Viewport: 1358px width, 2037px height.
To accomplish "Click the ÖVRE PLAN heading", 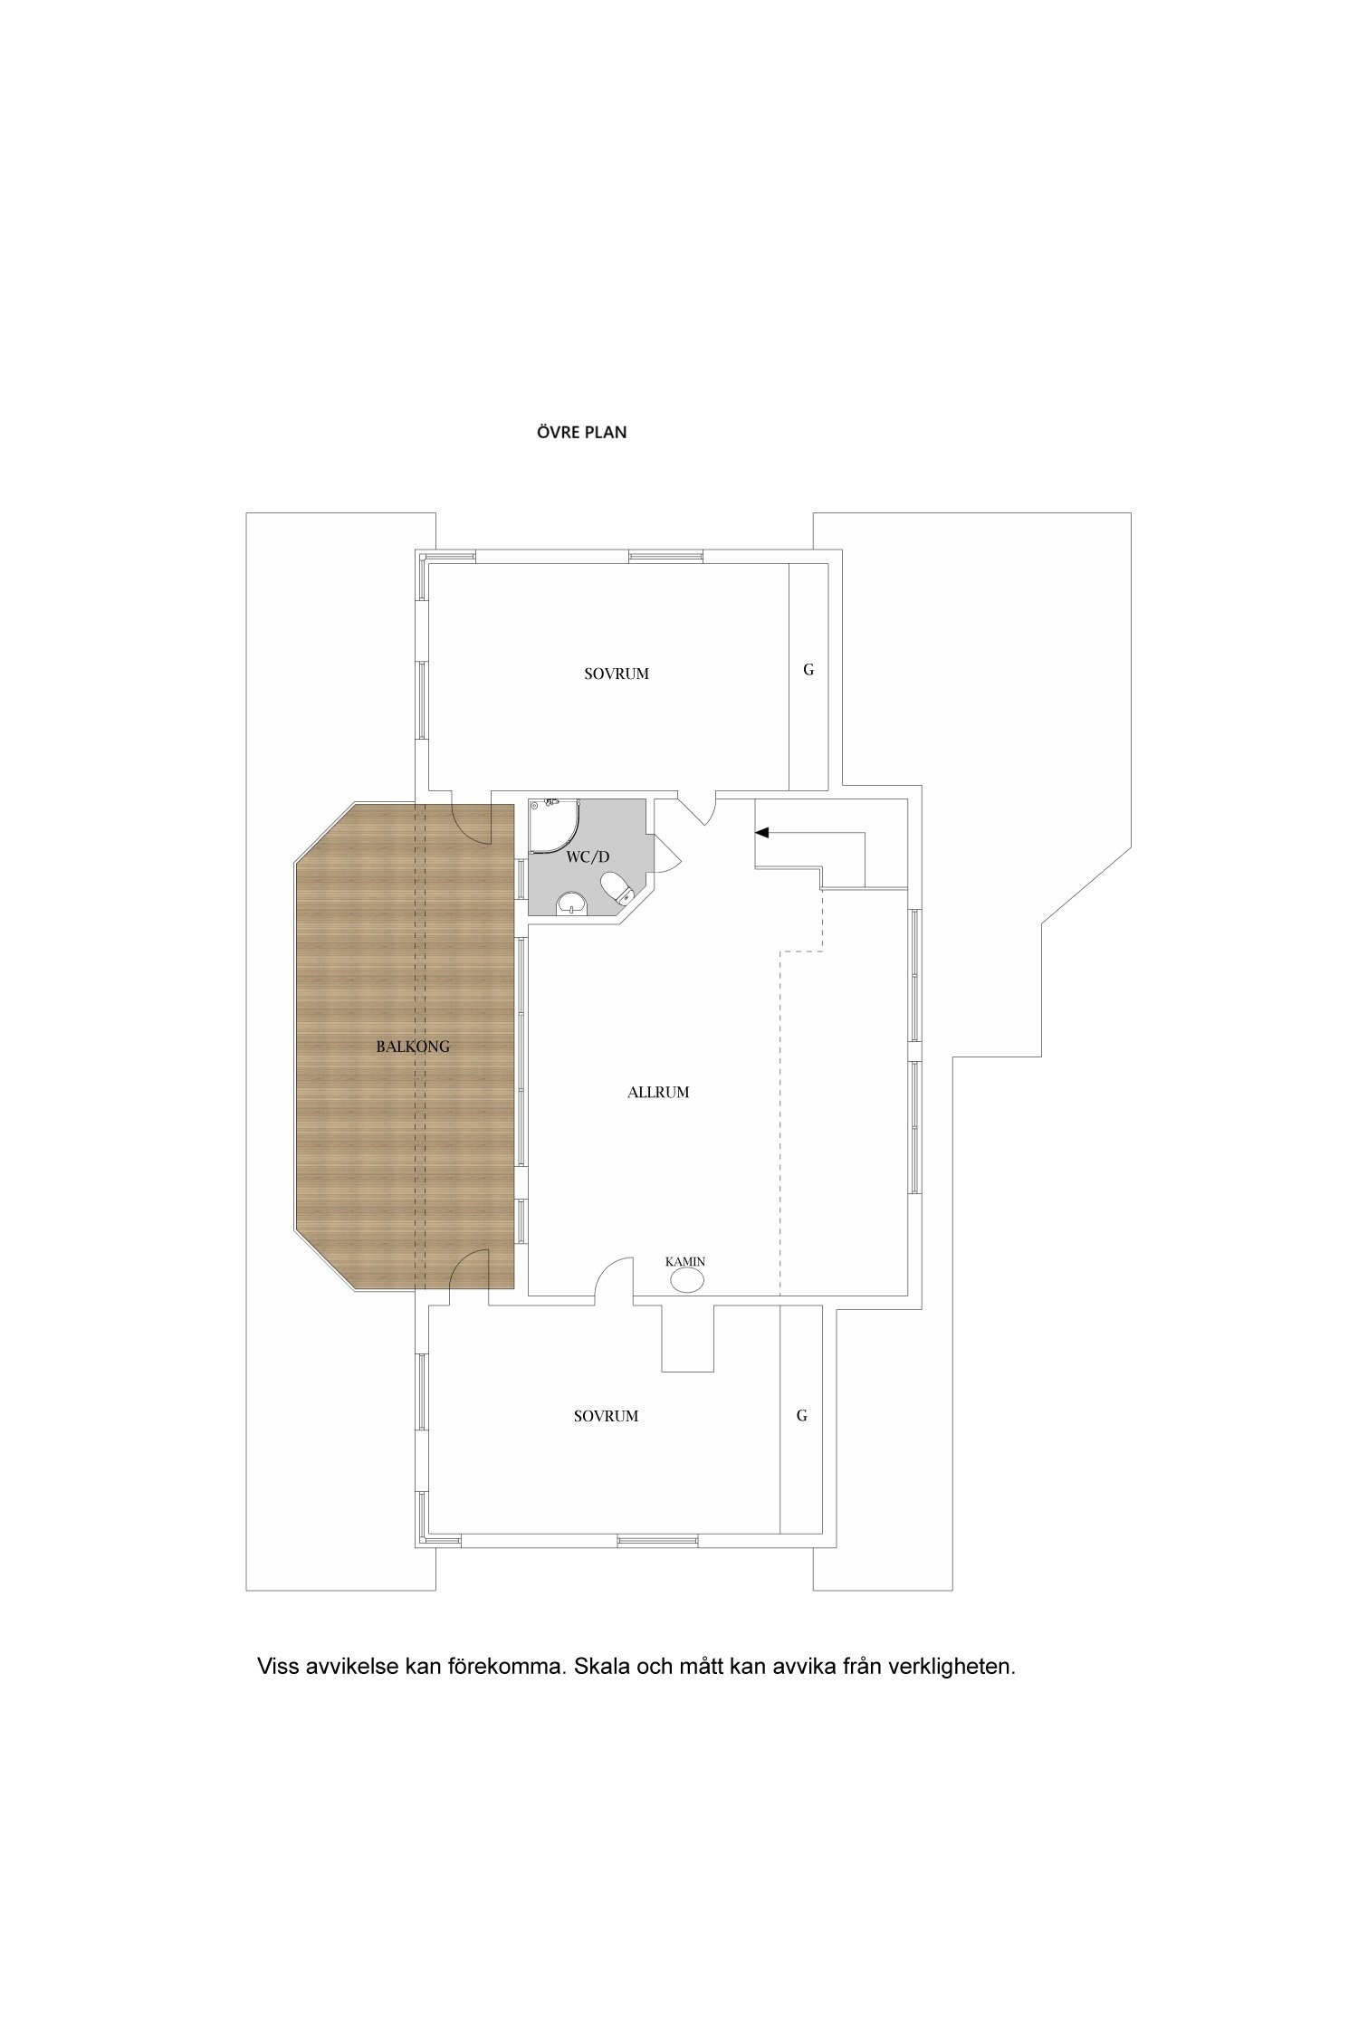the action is tap(581, 433).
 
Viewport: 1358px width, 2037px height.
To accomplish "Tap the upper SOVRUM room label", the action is tap(617, 674).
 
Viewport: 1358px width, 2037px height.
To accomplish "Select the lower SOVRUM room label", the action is tap(606, 1416).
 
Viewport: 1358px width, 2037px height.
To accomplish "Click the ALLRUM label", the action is tap(658, 1092).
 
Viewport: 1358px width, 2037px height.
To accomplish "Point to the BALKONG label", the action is tap(413, 1047).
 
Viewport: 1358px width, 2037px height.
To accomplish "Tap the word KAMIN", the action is tap(685, 1261).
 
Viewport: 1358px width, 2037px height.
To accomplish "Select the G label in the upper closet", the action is tap(808, 670).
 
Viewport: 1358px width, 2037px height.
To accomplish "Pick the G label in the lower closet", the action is tap(801, 1416).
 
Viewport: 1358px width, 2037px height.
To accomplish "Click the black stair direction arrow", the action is tap(762, 832).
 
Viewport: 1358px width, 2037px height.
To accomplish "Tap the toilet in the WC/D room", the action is tap(616, 888).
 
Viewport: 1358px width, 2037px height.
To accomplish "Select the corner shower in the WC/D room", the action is tap(555, 826).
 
